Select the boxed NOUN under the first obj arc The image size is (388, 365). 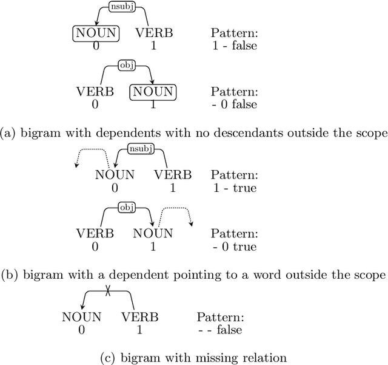tap(153, 92)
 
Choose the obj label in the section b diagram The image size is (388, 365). tap(126, 208)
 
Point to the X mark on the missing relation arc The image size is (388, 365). tap(107, 293)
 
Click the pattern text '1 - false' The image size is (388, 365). tap(233, 46)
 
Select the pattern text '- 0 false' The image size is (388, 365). tap(233, 105)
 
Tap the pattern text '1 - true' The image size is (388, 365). tap(233, 188)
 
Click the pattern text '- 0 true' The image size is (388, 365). tap(233, 247)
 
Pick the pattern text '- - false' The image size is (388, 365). tap(219, 330)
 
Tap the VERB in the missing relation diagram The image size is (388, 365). tap(139, 317)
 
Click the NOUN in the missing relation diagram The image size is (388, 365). tap(82, 317)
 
